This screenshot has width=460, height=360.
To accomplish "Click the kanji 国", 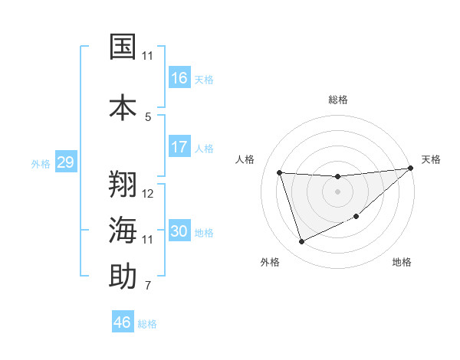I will tap(123, 47).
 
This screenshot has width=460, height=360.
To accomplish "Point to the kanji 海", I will tap(123, 231).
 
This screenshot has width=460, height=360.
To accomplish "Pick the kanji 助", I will tap(123, 277).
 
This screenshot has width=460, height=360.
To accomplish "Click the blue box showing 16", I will tap(179, 78).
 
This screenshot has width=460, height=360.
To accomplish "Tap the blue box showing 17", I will tap(179, 147).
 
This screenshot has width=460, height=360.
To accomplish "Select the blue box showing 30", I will tap(179, 231).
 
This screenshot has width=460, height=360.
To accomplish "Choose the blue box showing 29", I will tap(65, 162).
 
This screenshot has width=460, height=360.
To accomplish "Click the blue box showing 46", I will tap(123, 322).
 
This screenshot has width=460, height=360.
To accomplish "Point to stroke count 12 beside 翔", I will tap(148, 194).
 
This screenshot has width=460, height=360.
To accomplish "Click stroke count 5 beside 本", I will tap(148, 116).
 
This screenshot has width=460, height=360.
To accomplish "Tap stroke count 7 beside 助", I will tap(148, 286).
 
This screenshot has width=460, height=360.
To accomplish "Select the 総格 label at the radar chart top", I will tap(338, 100).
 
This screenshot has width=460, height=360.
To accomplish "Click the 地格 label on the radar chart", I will tap(402, 263).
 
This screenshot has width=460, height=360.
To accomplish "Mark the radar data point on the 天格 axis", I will tap(410, 169).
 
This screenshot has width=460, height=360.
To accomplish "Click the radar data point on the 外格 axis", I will tap(301, 242).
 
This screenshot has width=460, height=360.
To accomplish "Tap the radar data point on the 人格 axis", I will tap(280, 172).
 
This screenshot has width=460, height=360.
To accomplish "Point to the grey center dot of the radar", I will tap(338, 191).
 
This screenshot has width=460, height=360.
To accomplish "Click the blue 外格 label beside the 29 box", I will tap(41, 163).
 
